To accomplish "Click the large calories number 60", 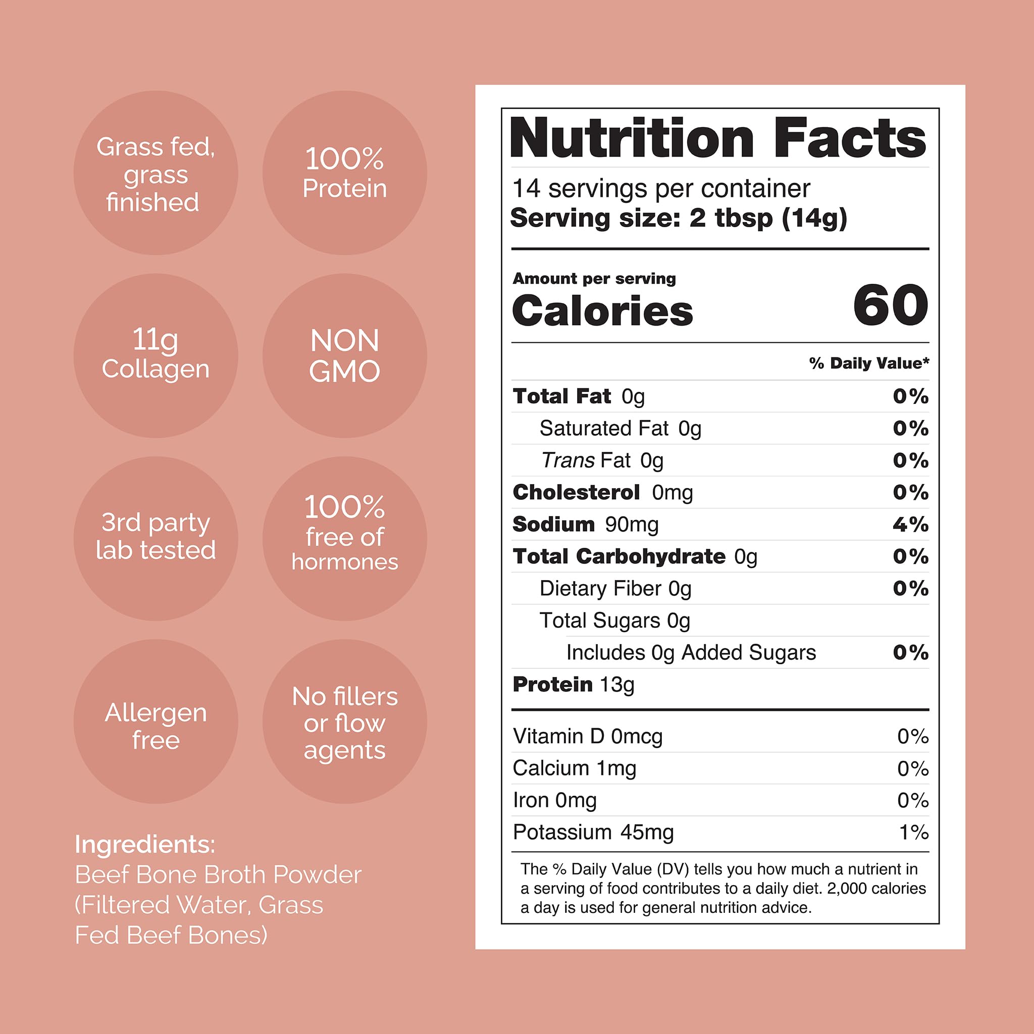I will coord(891,305).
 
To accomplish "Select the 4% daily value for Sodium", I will coord(910,524).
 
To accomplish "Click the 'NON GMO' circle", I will coord(344,356).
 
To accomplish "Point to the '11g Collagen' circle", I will coord(156,356).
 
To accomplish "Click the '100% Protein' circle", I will coord(344,173).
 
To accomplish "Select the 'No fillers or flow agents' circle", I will coord(344,722).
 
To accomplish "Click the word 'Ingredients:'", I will coord(145,844).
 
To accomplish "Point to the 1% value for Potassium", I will coord(913,832).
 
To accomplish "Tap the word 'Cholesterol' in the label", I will coord(576,492).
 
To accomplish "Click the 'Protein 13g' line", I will coord(573,685).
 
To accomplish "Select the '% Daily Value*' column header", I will coord(868,364).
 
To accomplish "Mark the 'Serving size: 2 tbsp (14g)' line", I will coord(679,218).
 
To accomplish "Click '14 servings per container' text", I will coord(661,188).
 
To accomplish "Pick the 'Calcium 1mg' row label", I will coord(574,768).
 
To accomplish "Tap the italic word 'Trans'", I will coord(568,460).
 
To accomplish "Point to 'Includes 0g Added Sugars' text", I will coord(691,652).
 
